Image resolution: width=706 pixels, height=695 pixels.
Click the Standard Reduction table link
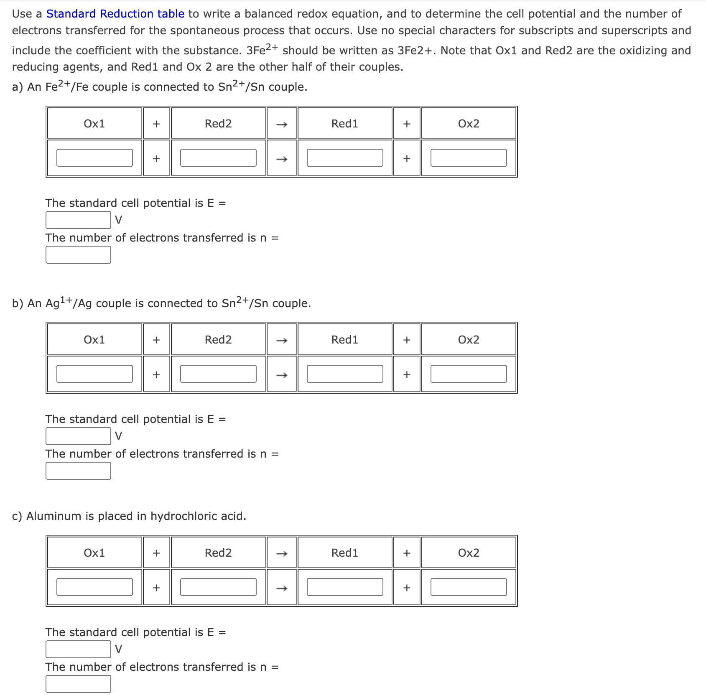click(115, 14)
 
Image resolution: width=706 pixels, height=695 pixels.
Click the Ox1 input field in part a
click(94, 158)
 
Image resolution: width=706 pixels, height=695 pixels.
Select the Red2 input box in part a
click(218, 158)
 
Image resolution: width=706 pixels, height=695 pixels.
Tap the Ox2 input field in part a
click(468, 158)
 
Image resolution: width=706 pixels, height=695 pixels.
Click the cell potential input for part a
click(78, 220)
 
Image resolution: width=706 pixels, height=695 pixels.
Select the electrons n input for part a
click(78, 255)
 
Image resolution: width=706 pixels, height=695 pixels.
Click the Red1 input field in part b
click(344, 374)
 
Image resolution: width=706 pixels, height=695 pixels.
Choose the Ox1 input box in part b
click(94, 374)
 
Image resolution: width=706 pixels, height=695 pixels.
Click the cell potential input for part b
click(78, 436)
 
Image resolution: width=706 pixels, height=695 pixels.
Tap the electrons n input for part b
click(78, 471)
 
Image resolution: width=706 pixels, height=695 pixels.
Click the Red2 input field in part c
click(218, 587)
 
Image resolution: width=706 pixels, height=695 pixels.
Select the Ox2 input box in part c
click(468, 587)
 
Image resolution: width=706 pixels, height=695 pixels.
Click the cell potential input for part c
click(78, 649)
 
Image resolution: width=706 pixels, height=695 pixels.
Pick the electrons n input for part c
click(78, 684)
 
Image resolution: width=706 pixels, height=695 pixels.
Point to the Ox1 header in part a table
click(94, 124)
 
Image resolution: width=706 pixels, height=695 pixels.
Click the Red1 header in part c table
click(344, 553)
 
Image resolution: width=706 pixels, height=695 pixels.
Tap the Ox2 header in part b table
click(468, 340)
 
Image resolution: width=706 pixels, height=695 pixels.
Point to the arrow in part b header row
click(282, 340)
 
